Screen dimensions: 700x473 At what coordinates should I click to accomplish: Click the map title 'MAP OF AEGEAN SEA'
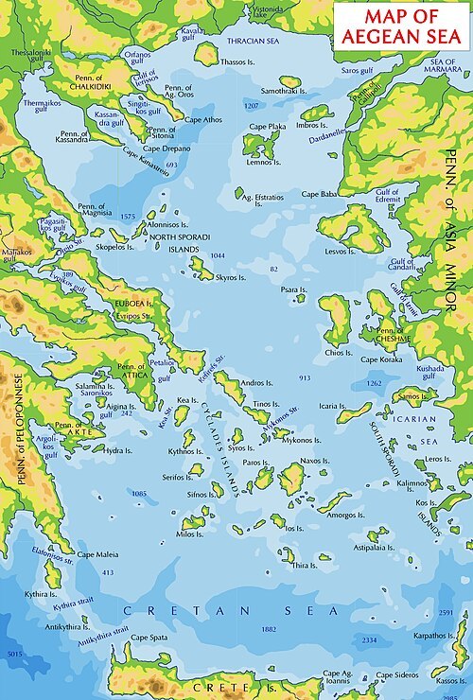(x=401, y=25)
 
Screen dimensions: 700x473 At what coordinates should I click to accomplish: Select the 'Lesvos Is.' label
(x=341, y=253)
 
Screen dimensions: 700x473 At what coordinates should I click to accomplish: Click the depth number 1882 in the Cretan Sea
(x=269, y=629)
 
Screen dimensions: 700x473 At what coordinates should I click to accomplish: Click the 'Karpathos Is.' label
(x=436, y=636)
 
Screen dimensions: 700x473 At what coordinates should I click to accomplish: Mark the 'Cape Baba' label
(x=319, y=194)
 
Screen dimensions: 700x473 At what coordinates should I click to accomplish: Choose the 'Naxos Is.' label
(x=314, y=461)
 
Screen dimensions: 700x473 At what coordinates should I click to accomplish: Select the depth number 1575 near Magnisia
(x=129, y=217)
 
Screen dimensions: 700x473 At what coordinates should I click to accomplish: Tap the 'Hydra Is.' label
(x=118, y=450)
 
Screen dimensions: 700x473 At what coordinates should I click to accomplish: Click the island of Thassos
(x=206, y=55)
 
